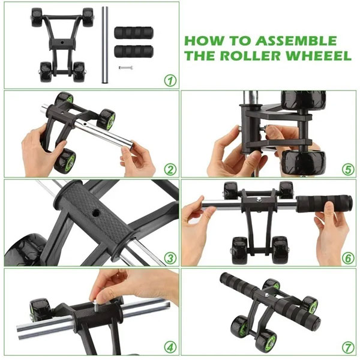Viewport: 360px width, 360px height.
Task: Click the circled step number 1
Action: pos(170,80)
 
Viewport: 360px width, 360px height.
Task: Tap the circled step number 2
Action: pos(170,170)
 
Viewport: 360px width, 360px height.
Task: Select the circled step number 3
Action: pos(170,258)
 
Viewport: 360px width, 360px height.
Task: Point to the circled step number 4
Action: pos(170,347)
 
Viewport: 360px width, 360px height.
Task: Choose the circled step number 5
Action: pos(348,170)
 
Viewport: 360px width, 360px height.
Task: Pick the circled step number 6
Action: pos(348,258)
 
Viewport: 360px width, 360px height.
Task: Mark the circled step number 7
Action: pos(348,347)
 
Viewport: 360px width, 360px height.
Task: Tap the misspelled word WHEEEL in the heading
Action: pos(319,56)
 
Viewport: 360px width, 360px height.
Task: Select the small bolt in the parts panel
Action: pos(125,67)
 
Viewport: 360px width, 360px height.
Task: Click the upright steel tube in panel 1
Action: pos(105,45)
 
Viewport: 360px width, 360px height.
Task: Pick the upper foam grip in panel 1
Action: pos(134,32)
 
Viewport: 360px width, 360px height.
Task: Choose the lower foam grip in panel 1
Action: pos(134,52)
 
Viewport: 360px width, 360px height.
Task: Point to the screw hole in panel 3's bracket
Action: pos(95,214)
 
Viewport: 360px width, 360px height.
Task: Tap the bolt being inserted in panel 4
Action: pos(95,305)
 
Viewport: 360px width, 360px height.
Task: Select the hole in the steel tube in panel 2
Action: pos(86,124)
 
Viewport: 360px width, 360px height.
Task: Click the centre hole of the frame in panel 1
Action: pos(62,43)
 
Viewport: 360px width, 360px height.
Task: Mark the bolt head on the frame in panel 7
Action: pos(266,295)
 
